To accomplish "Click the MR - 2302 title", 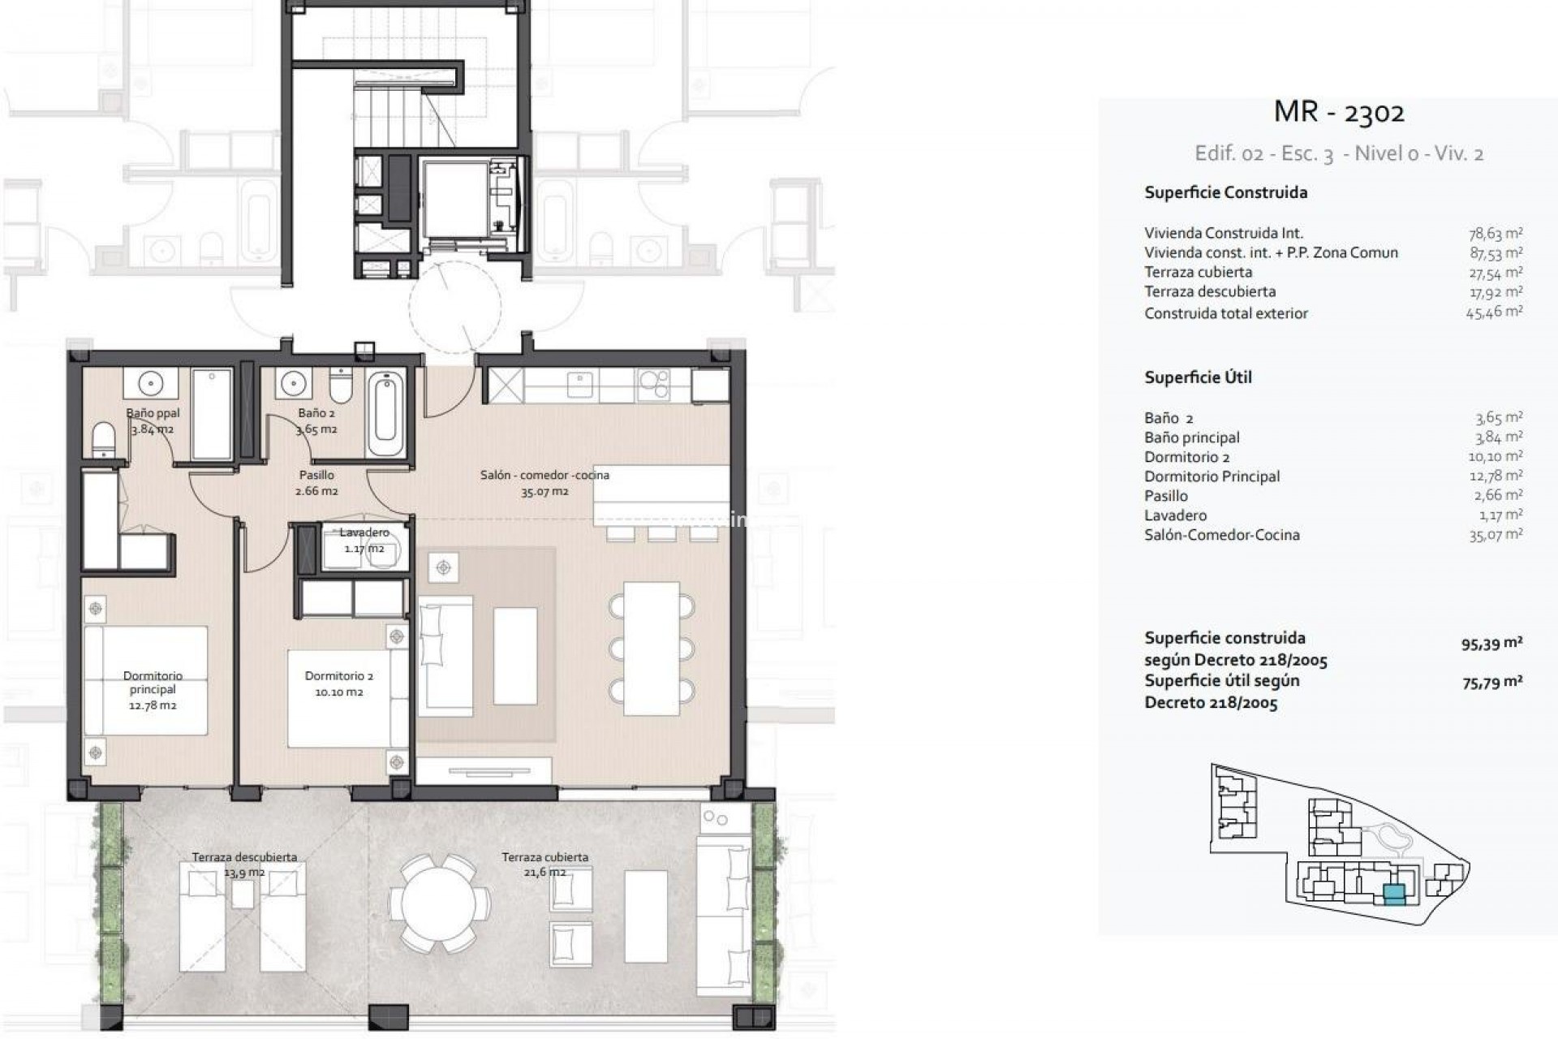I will click(1339, 112).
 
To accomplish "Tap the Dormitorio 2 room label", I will click(338, 683).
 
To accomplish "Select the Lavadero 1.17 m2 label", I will click(364, 541).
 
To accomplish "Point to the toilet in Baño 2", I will click(341, 386).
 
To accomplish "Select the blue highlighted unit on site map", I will click(1393, 895).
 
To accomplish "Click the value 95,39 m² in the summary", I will click(1491, 645).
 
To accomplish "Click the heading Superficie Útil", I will click(1198, 377).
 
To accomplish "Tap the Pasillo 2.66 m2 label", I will click(316, 483).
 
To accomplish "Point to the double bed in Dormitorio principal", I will click(146, 680).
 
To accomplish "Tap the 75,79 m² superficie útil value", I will click(1491, 683).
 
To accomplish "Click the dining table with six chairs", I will click(651, 648).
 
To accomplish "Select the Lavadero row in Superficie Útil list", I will click(1175, 515).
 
